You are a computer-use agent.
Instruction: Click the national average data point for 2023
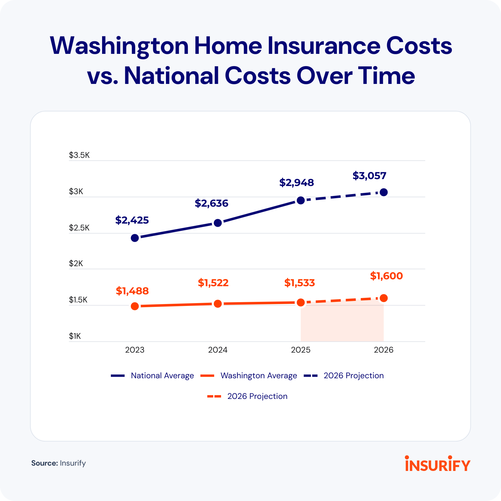click(135, 238)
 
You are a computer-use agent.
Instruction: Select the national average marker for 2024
click(218, 223)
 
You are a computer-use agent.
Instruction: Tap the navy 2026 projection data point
click(384, 192)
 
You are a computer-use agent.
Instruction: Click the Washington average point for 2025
click(301, 302)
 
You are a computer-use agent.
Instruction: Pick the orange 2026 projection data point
click(384, 298)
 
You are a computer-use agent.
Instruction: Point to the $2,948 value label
click(297, 183)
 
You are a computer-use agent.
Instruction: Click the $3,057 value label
click(369, 176)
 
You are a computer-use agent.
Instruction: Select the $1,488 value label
click(132, 291)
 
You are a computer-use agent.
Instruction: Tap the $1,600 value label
click(386, 276)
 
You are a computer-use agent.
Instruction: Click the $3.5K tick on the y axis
click(79, 155)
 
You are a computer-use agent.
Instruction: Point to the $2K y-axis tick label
click(76, 264)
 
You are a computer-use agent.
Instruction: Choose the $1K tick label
click(75, 336)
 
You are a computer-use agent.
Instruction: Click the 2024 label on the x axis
click(218, 350)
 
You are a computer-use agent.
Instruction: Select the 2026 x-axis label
click(384, 350)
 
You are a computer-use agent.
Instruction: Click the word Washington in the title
click(119, 46)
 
